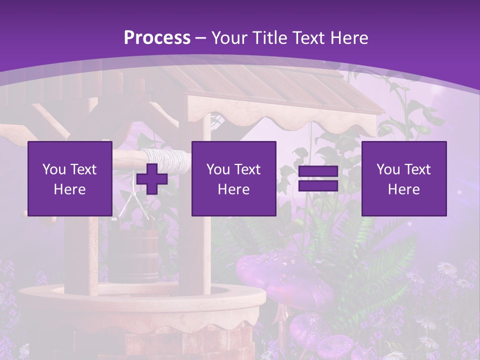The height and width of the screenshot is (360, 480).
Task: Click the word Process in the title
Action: (157, 37)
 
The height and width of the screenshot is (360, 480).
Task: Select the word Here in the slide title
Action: (349, 37)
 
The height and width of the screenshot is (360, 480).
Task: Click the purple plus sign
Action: (152, 178)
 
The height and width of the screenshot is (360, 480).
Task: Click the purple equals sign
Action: (318, 178)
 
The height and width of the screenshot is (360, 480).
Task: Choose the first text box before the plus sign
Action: (69, 178)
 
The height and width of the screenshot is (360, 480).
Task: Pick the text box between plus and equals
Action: (233, 178)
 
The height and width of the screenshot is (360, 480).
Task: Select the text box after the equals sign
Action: (403, 178)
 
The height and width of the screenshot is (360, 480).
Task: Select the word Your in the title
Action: (228, 37)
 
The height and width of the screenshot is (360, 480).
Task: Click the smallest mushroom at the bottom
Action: (335, 345)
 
